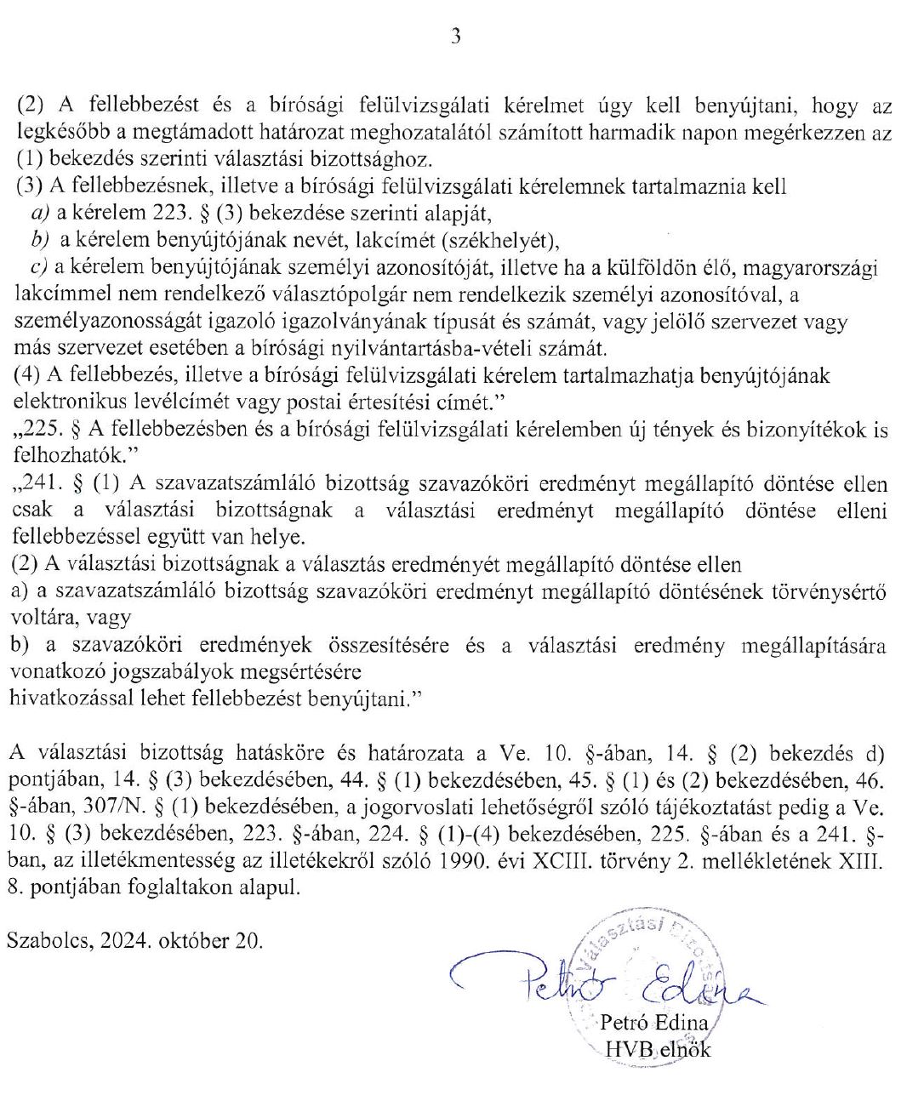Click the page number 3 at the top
click(x=456, y=37)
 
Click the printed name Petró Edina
click(x=653, y=1022)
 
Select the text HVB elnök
click(x=657, y=1049)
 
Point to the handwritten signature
click(x=596, y=983)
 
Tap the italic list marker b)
click(x=39, y=241)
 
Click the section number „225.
click(x=36, y=430)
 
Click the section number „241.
click(x=36, y=484)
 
